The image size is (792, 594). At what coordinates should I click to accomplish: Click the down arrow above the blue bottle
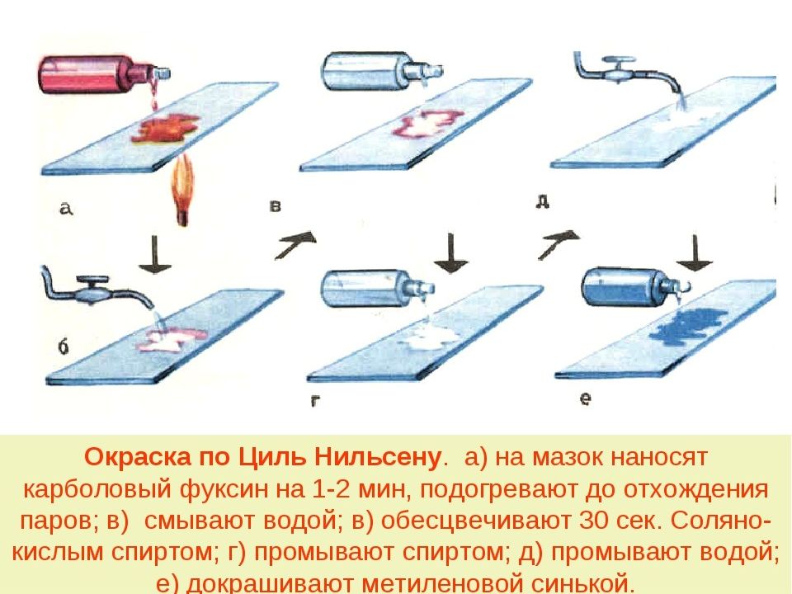click(x=694, y=252)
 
